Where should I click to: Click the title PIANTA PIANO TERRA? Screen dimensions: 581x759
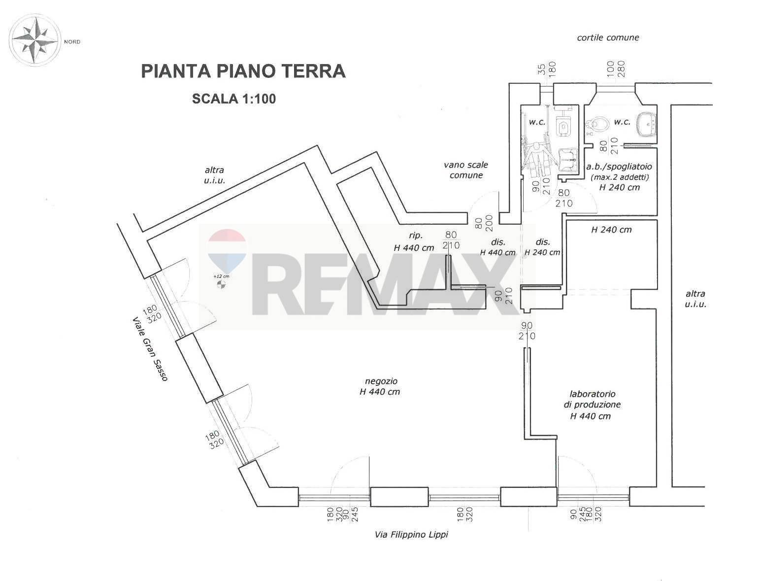point(243,71)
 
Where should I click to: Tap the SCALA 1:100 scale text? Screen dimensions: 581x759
point(234,99)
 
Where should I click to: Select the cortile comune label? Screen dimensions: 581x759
point(608,37)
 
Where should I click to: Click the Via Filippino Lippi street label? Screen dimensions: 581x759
point(411,535)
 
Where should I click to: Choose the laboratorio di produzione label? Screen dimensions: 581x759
point(592,405)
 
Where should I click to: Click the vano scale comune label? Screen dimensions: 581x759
point(465,170)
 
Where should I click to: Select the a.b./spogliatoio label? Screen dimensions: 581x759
point(619,176)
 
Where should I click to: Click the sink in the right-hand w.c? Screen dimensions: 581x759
point(646,124)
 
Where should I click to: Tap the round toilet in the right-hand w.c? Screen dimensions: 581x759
point(597,123)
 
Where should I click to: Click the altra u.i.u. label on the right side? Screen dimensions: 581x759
point(695,299)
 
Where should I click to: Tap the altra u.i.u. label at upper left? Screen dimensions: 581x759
point(214,175)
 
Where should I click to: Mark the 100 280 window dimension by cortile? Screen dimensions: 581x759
point(615,69)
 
